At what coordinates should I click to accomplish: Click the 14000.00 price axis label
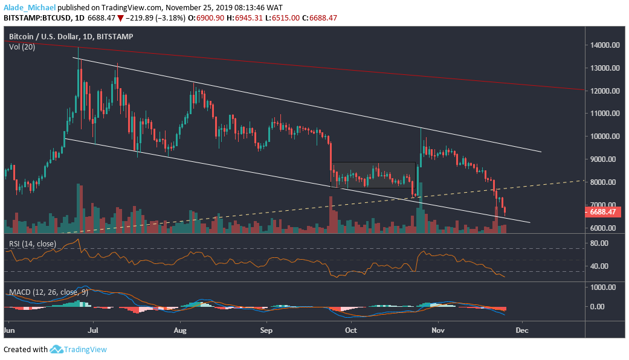point(605,45)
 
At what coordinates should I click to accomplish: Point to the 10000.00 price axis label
point(605,137)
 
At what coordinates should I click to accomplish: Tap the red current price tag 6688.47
point(604,212)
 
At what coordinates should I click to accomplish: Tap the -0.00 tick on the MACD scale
point(605,306)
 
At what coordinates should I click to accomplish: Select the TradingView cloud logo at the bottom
point(57,349)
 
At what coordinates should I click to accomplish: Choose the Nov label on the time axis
point(437,331)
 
